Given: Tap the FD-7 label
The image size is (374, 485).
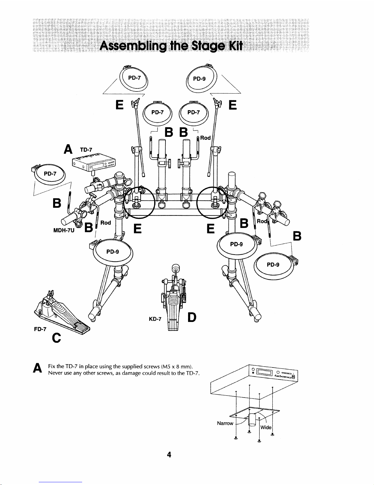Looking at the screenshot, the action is pos(40,329).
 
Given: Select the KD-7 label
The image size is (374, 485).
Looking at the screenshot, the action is pos(155,319).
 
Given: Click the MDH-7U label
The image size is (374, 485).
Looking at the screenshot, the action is pos(64,230).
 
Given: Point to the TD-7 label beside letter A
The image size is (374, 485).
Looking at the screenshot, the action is pos(86,150).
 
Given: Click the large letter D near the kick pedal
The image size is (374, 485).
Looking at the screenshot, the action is pos(192,317).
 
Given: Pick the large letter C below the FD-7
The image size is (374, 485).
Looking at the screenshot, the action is pos(56,338).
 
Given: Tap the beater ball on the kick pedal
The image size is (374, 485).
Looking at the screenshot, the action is pos(176,268).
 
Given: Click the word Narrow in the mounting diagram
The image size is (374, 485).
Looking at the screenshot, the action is pos(225,423).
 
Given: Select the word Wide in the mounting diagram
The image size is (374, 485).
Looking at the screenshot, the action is pos(266,427).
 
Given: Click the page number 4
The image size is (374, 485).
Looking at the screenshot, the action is pos(169,455).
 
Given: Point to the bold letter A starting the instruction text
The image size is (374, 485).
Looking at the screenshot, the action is pos(37,368).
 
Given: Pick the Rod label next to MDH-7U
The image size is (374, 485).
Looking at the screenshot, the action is pos(106,222).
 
